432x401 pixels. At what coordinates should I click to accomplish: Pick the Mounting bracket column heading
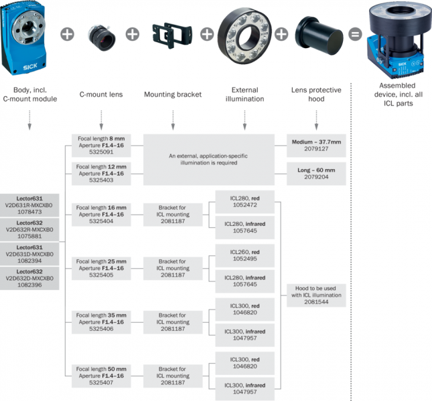(172, 94)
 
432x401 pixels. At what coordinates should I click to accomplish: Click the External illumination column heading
(244, 94)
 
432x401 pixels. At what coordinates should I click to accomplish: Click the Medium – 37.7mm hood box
(316, 147)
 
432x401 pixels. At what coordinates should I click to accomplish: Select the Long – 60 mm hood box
(316, 172)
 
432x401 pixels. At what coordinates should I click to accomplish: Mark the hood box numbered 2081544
(316, 294)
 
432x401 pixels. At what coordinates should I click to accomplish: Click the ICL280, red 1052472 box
(244, 203)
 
